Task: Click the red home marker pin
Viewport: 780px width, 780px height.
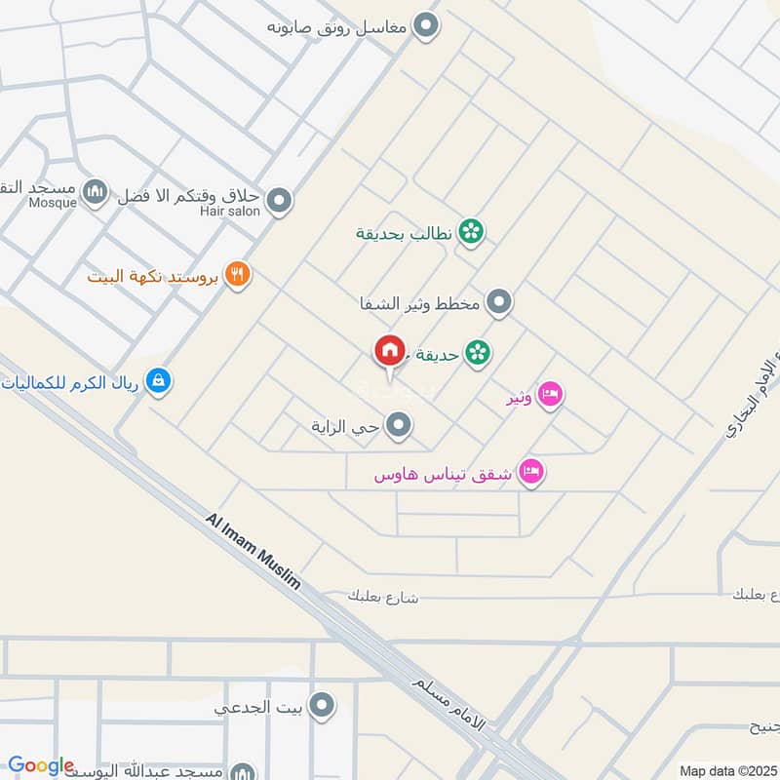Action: tap(389, 351)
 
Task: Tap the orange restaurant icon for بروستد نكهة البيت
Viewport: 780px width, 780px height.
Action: tap(237, 276)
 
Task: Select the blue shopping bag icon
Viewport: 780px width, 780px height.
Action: tap(158, 381)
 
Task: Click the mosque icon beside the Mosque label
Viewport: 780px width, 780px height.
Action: tap(95, 192)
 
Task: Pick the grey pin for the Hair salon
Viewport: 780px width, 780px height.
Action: tap(280, 202)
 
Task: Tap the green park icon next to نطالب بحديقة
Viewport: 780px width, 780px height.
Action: tap(472, 232)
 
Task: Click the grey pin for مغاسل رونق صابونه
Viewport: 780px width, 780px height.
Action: tap(425, 26)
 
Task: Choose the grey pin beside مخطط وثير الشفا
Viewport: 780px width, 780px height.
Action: tap(499, 303)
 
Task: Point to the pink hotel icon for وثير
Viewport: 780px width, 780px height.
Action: tap(550, 395)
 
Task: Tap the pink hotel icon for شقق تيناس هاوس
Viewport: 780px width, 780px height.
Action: tap(531, 473)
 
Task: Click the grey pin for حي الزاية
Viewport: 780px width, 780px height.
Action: tap(398, 425)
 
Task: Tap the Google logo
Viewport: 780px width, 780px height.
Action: tap(41, 766)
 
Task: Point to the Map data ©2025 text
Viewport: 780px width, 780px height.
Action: tap(727, 770)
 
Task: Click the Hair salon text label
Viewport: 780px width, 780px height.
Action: tap(231, 211)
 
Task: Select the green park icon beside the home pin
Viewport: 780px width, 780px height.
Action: tap(477, 352)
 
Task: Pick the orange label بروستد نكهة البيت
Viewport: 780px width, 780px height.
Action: tap(156, 276)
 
